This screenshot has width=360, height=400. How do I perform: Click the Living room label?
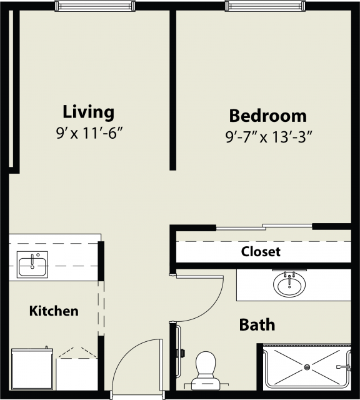(x=89, y=112)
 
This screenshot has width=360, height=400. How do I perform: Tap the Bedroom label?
(x=268, y=116)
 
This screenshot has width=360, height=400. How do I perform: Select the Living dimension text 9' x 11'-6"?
(x=89, y=133)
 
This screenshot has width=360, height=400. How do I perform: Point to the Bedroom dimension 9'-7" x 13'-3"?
(x=269, y=137)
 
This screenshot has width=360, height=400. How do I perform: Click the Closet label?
(x=261, y=251)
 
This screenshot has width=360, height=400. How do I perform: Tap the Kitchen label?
(x=54, y=311)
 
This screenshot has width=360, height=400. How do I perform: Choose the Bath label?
(x=257, y=325)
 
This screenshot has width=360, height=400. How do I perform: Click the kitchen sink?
(x=32, y=264)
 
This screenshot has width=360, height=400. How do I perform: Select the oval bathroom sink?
(x=289, y=285)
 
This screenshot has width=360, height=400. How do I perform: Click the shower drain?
(x=307, y=367)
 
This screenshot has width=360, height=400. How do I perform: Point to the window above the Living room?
(x=95, y=6)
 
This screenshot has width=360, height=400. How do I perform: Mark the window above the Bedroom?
(x=265, y=6)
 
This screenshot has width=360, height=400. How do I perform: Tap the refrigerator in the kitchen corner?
(x=32, y=369)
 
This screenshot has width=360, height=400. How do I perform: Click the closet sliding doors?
(x=264, y=227)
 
